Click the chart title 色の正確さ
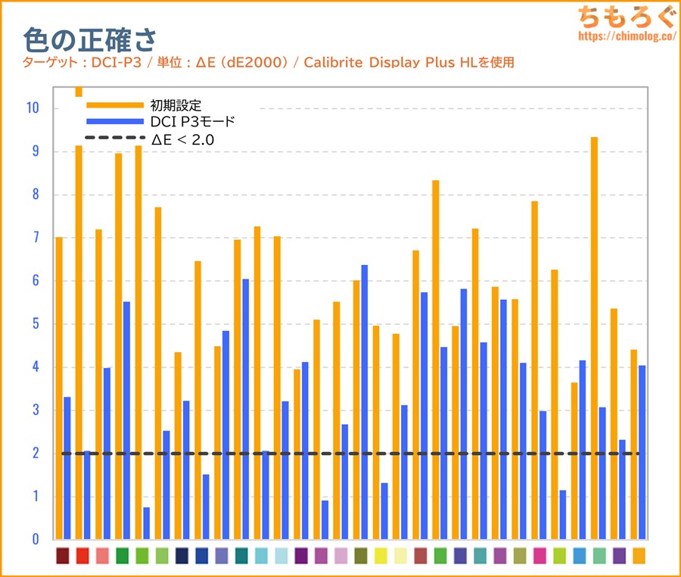(89, 38)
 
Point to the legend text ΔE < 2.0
(182, 139)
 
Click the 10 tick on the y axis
(32, 108)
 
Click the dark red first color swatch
(63, 555)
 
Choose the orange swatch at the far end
(639, 555)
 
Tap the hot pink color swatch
(540, 555)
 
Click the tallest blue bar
(365, 401)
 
